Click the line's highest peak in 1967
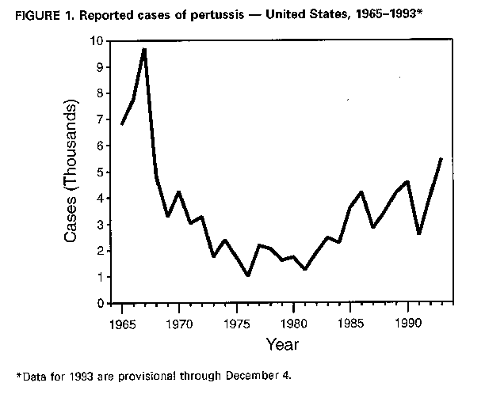(x=143, y=49)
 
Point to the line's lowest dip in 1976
(x=248, y=275)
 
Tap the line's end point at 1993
(x=441, y=159)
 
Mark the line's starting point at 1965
(x=121, y=124)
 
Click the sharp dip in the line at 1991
(x=418, y=233)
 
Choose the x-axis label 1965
(x=121, y=323)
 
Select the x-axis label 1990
(x=407, y=323)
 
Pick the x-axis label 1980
(x=293, y=323)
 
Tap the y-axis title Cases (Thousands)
(x=74, y=172)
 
